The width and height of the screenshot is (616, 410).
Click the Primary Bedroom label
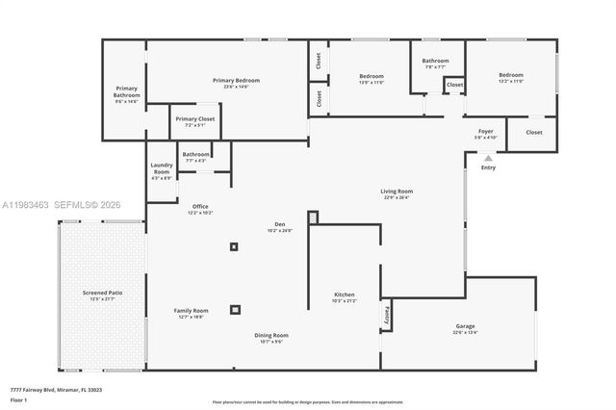coord(236,81)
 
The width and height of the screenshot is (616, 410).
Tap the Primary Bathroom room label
coord(126,91)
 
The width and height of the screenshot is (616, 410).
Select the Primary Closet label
coord(195,119)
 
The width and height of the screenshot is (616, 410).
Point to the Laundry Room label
coord(161,168)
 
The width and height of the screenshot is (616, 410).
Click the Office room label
coord(200,206)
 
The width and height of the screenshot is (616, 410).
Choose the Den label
coord(279,225)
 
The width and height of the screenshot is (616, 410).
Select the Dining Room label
coord(271,335)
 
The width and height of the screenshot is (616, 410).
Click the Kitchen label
coord(344,295)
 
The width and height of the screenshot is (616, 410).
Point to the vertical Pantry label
coord(386,313)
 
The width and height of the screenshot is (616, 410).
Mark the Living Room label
coord(397,192)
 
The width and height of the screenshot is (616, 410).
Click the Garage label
coord(465,326)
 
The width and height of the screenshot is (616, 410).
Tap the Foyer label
coord(486,131)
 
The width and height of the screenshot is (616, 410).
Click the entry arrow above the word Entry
coord(488,157)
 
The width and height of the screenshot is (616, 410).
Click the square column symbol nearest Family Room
coord(235,310)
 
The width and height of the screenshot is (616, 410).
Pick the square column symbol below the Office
coord(233,247)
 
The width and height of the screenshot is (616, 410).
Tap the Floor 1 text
coord(18,399)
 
